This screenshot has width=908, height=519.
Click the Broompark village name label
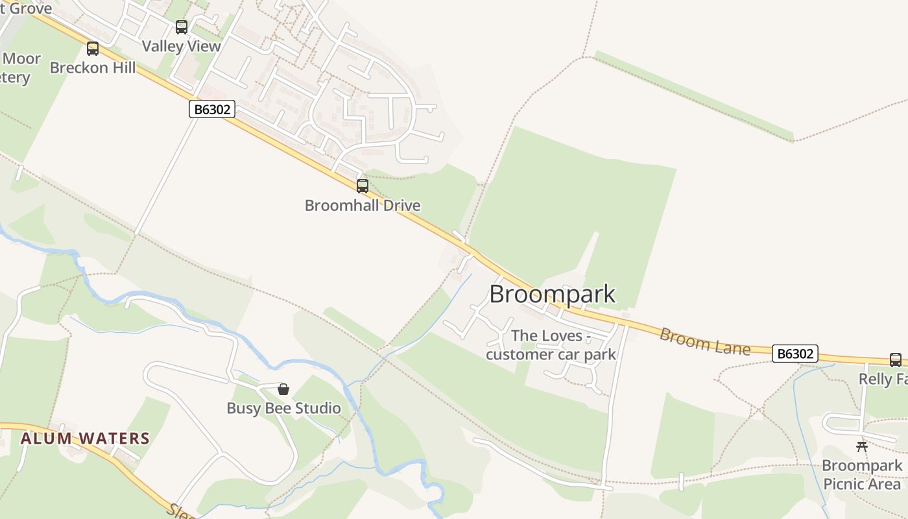552,294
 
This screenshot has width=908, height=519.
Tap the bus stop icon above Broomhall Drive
363,186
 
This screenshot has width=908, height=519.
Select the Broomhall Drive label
363,206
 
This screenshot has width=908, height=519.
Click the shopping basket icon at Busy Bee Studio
283,389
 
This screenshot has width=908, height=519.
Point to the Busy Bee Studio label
283,408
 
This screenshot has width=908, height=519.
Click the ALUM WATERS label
85,439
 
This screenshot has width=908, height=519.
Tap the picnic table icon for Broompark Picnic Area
862,446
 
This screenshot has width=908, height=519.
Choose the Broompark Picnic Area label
862,475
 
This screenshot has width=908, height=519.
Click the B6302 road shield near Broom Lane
794,354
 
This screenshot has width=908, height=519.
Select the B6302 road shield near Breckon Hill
212,109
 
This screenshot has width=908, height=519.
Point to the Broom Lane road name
705,341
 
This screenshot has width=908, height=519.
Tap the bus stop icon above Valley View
182,27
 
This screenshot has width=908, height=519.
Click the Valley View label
182,46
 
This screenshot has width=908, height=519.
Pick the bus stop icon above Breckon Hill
93,49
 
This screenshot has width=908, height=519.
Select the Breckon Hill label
93,67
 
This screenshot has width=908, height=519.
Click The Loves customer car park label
551,345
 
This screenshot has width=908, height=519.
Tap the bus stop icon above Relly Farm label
896,360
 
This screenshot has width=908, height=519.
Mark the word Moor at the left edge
21,59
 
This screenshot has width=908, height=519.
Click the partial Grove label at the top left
26,8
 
